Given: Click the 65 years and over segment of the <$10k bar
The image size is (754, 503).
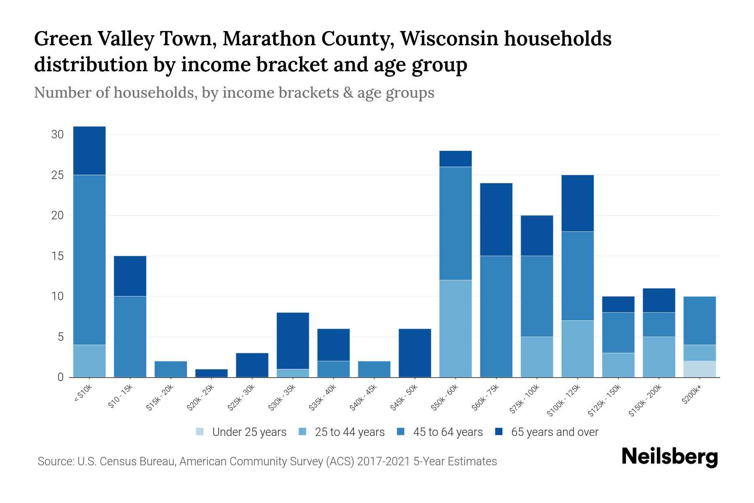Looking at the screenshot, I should point(89,150).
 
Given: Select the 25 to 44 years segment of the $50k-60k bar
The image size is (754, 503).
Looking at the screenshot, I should point(455,329).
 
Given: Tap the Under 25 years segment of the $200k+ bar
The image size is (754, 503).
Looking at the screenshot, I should point(700,369).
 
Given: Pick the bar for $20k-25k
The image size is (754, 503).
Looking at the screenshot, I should point(212,373).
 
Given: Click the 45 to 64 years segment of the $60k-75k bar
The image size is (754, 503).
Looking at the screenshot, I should point(496,316).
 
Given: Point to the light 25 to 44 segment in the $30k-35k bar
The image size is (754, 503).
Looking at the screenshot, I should point(293,373).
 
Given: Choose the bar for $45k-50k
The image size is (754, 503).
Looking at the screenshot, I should point(415,353).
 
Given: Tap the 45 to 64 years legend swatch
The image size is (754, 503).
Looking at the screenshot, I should point(400,432).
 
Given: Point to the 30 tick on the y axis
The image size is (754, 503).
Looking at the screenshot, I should point(57,135).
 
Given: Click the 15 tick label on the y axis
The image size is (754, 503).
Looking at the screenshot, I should point(57,256).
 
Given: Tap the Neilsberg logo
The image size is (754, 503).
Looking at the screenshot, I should point(670,457).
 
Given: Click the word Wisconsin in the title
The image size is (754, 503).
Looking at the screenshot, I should point(449,39).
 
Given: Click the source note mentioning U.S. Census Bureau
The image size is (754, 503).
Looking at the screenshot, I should point(267,462).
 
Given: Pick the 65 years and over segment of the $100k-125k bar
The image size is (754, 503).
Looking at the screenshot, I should point(578,203).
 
